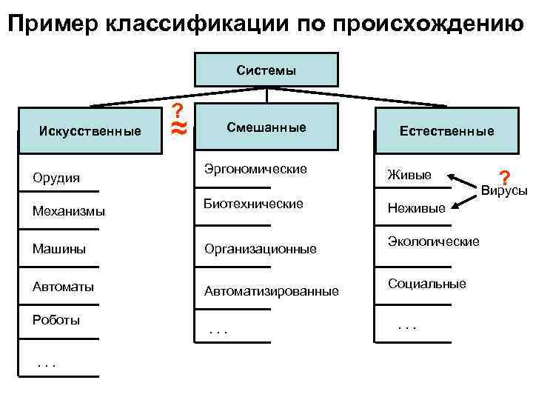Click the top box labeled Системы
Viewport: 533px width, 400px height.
tap(266, 70)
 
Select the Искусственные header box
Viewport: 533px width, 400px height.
tap(90, 132)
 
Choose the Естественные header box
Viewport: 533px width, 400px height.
tap(446, 131)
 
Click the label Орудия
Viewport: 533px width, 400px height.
tap(57, 178)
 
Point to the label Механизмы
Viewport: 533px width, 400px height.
tap(69, 212)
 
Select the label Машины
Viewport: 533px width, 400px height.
tap(59, 249)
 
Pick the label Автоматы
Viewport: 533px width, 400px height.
tap(64, 286)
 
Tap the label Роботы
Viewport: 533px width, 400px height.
tap(56, 320)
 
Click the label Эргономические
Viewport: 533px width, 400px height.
tap(255, 169)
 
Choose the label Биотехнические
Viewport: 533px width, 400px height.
tap(253, 204)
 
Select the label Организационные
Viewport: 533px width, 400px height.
tap(260, 250)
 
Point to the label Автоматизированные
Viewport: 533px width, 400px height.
tap(271, 292)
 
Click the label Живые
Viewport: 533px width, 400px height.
tap(409, 176)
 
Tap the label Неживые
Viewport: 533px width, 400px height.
tap(417, 209)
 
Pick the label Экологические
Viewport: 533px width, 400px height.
tap(433, 241)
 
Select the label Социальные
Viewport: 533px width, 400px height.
tap(427, 284)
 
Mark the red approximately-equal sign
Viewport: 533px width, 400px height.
tap(178, 130)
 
